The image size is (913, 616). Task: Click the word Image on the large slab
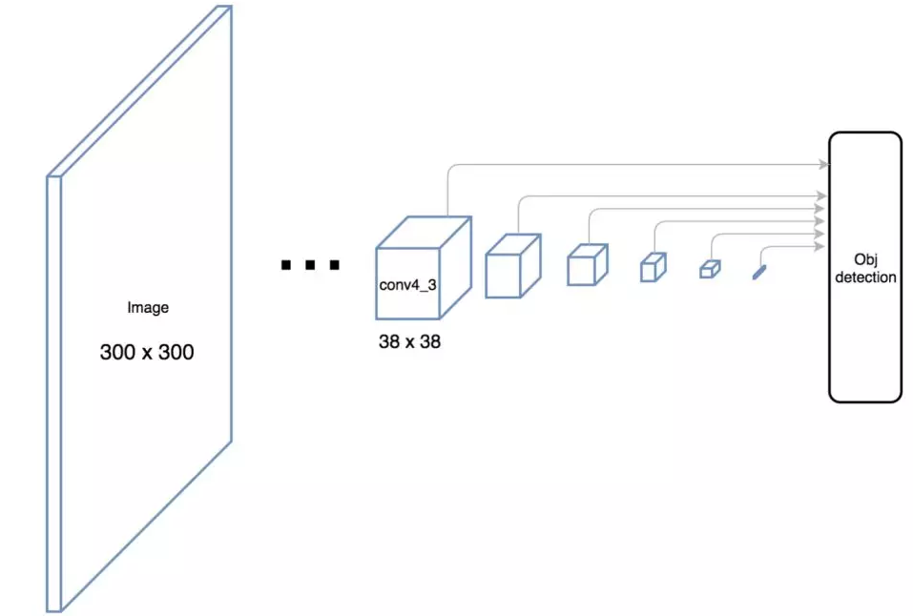(148, 307)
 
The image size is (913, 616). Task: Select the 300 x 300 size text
(147, 352)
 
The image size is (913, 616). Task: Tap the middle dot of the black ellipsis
(310, 265)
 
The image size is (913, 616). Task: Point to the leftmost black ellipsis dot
(286, 265)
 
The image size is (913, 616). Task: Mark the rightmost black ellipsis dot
(334, 265)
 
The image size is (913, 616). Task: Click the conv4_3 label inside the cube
(407, 285)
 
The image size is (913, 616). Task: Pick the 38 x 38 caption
(409, 341)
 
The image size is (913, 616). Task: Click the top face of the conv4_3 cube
(424, 233)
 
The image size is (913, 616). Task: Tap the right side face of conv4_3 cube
(455, 268)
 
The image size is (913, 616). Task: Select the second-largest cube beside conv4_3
(513, 266)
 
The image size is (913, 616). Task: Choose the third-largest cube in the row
(588, 265)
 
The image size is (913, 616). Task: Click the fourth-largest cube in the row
(654, 267)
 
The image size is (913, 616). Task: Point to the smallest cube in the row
(710, 269)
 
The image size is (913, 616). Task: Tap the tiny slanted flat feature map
(759, 273)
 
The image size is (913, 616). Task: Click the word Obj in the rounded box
(866, 259)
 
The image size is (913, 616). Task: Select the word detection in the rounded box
(866, 277)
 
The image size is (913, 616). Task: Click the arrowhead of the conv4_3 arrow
(824, 164)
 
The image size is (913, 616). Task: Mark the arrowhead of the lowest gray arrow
(820, 247)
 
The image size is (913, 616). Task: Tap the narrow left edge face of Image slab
(54, 394)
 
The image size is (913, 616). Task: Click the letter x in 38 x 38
(409, 342)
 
